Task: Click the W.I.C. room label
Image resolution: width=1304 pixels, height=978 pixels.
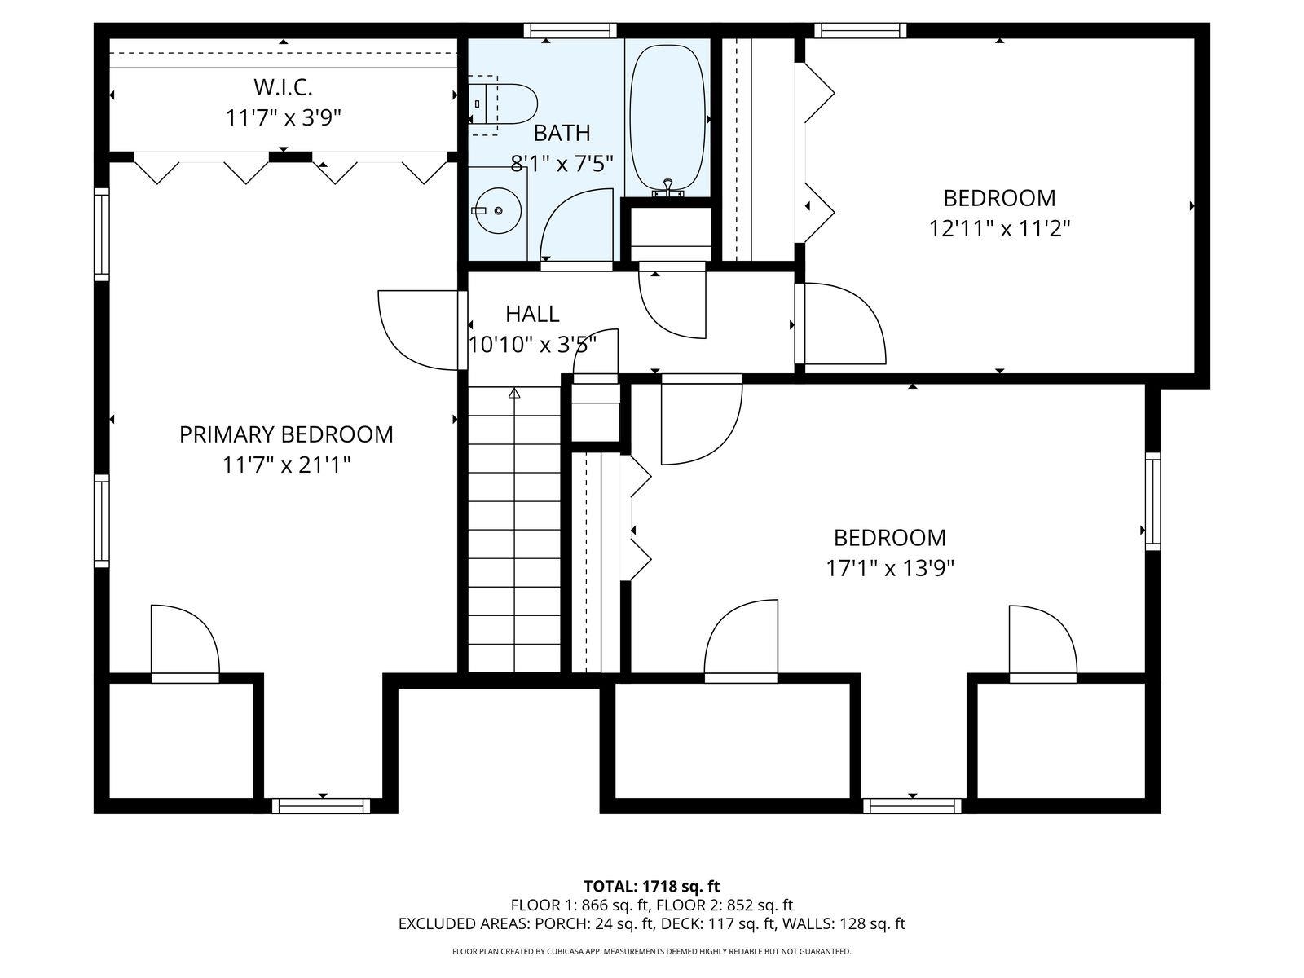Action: (283, 88)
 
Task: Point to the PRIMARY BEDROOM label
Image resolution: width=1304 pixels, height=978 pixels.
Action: (286, 434)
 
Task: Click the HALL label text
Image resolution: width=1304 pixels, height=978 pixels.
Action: (532, 314)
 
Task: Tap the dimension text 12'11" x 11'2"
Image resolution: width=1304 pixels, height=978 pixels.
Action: (999, 228)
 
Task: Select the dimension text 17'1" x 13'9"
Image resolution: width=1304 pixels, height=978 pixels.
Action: (890, 568)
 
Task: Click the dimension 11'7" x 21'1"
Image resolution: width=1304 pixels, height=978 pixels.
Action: (286, 465)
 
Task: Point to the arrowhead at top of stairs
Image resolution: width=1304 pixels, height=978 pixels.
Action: (514, 393)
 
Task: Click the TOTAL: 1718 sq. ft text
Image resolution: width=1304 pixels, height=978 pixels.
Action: (652, 887)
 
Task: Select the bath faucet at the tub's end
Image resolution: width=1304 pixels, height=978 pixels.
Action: (668, 187)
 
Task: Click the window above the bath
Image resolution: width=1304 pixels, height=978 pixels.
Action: (570, 30)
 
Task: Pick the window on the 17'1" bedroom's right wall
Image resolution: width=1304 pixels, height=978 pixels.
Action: (1152, 501)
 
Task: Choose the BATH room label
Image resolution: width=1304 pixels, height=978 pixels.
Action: (562, 133)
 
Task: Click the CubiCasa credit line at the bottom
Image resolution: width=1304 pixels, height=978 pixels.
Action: (652, 951)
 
